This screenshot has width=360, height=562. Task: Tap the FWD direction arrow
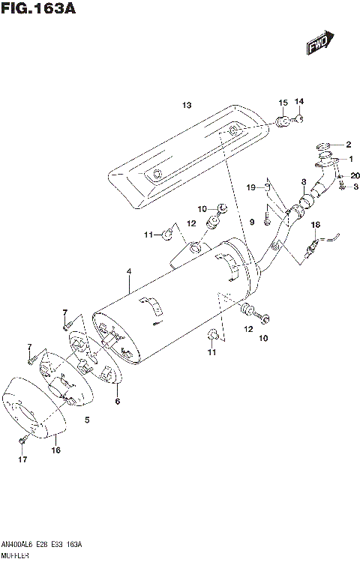pos(317,46)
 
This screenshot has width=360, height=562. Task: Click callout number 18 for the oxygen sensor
pos(315,224)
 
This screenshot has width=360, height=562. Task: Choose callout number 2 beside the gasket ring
pos(347,144)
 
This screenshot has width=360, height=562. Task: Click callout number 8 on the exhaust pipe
pos(303,181)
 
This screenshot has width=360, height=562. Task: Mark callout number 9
pos(252,221)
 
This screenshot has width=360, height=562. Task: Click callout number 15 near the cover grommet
pos(283,102)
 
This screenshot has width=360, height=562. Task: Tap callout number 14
pos(299,101)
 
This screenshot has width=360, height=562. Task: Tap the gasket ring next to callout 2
pos(323,145)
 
